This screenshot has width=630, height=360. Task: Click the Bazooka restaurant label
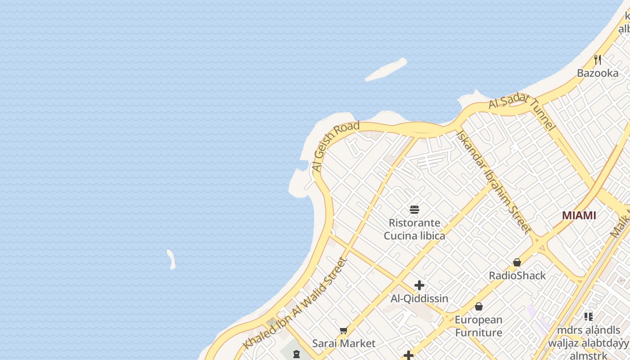coord(598,73)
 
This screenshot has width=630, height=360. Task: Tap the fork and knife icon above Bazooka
coord(598,59)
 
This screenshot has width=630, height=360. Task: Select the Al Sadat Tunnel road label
coord(522,112)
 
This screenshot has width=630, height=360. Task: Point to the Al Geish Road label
coord(336,146)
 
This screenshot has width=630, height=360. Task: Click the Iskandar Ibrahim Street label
coord(493,182)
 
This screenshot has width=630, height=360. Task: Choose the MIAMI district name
coord(579,216)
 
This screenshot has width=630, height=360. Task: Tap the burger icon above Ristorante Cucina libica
coord(414,210)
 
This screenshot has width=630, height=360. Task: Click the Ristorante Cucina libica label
coord(414,229)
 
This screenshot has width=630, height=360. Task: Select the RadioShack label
coord(517,275)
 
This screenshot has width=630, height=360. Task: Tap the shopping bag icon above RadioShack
coord(517,262)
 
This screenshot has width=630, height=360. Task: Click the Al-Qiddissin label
coord(419,298)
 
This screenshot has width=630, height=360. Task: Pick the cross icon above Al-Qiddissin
coord(419,285)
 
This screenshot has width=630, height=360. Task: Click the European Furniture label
coord(478,326)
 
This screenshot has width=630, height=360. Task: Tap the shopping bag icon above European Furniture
coord(479,306)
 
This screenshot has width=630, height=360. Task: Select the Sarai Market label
coord(344,343)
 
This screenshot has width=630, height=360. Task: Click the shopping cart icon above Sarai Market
coord(344,331)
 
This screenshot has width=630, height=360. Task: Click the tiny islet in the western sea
coord(171,260)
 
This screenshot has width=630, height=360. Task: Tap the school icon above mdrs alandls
coord(588,317)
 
